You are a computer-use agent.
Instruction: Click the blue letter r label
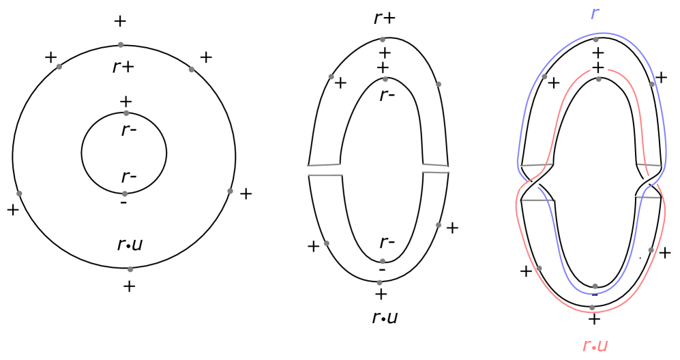click(594, 14)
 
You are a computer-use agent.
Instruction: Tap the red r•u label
click(595, 346)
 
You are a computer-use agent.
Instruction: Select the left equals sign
click(324, 170)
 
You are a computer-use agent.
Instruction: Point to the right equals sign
click(435, 168)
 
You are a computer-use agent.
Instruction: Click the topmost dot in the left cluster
click(121, 45)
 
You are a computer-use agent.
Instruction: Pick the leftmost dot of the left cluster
click(19, 194)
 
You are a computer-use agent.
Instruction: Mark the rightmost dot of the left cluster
click(230, 191)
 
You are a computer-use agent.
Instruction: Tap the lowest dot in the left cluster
click(130, 269)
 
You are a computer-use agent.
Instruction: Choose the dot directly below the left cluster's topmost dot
click(126, 113)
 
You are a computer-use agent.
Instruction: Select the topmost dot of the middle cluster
click(383, 40)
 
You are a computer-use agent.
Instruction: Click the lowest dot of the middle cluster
click(379, 282)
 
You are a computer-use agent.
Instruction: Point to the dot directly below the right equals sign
click(438, 225)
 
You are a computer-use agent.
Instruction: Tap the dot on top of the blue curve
click(595, 40)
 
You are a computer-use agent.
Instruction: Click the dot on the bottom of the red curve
click(591, 307)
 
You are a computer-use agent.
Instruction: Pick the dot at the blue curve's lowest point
click(595, 286)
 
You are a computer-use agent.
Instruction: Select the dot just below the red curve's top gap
click(598, 80)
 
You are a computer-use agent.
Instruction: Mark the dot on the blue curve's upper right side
click(651, 85)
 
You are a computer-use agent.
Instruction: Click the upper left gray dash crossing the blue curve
click(536, 165)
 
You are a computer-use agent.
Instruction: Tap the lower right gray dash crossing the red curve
click(648, 198)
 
